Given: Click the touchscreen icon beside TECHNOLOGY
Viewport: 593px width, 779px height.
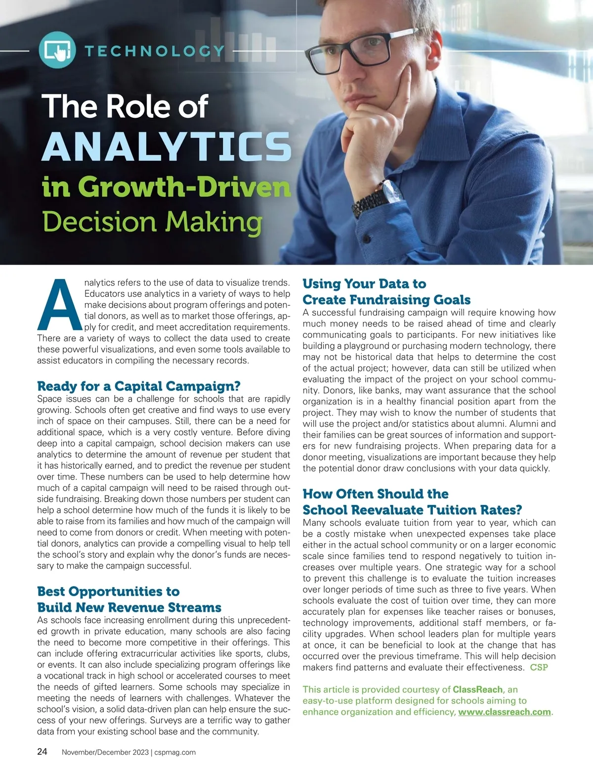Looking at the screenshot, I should click(x=57, y=50).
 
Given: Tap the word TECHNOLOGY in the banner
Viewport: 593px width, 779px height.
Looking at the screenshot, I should click(x=155, y=50).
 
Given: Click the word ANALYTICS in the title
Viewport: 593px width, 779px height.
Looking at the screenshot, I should click(x=167, y=146).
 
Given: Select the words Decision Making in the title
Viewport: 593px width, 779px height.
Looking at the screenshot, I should click(x=152, y=222).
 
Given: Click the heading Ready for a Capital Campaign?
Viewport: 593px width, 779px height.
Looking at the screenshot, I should click(x=139, y=386).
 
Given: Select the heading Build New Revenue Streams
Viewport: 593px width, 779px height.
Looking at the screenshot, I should click(x=129, y=607).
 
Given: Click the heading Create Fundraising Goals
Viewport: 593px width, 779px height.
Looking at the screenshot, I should click(x=386, y=300).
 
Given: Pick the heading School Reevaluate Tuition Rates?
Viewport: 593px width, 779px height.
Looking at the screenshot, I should click(x=412, y=510).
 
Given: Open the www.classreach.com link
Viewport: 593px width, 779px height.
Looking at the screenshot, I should click(x=504, y=712).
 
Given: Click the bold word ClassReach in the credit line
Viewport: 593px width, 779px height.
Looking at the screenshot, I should click(x=477, y=689).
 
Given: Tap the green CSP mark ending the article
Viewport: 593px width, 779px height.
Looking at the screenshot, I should click(x=539, y=667).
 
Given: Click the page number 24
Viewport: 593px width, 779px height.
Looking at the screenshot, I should click(x=42, y=752).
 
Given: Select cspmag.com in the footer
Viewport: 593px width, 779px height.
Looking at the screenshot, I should click(x=175, y=752).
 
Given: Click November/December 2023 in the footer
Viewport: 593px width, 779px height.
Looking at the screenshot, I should click(x=105, y=752).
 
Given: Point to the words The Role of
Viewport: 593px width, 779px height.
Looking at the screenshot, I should click(x=125, y=106).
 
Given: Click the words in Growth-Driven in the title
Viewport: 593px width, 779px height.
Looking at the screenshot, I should click(x=166, y=187).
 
